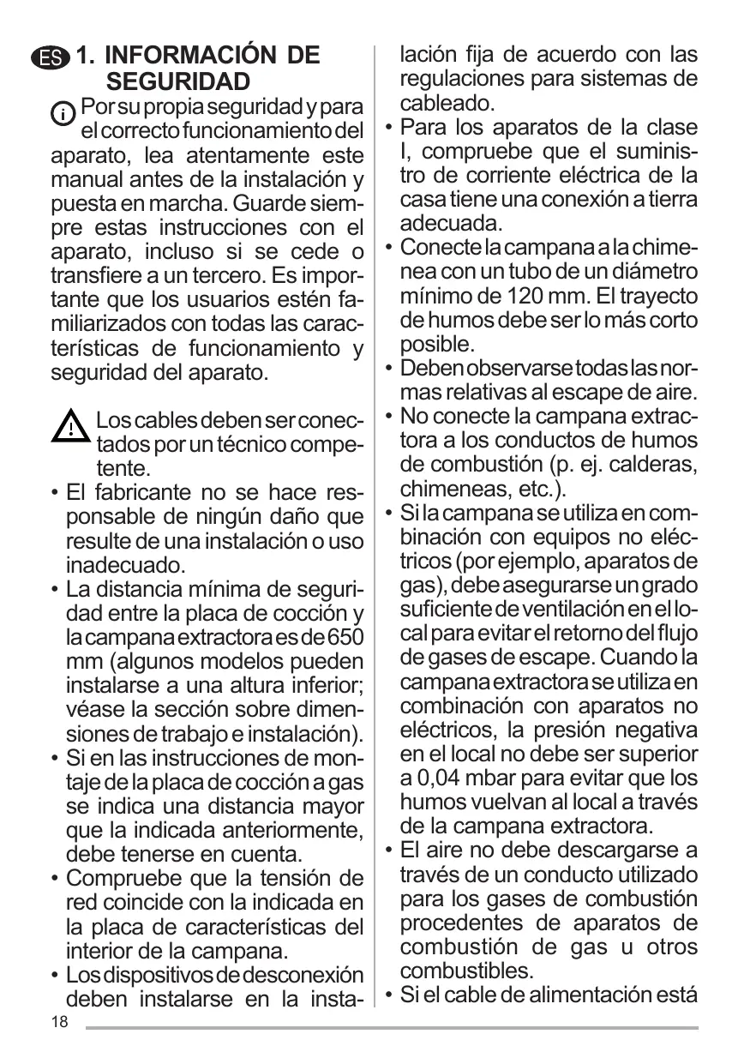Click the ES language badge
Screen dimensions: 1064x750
51,58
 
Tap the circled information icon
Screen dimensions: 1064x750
63,112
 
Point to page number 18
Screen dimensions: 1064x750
58,1022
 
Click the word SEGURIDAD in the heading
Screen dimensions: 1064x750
178,82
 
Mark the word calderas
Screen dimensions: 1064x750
659,465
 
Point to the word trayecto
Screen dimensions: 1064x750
657,296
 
